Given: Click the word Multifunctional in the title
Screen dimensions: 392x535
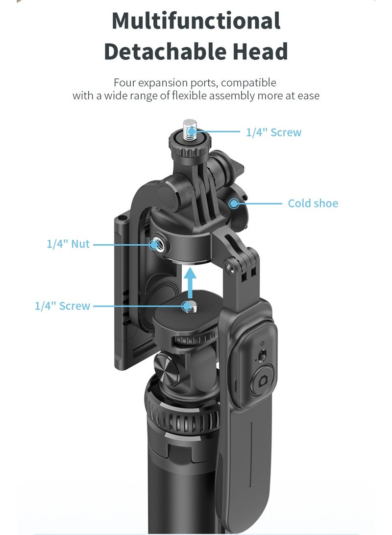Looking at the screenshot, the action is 196,21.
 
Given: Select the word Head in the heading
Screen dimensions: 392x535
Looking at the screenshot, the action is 260,51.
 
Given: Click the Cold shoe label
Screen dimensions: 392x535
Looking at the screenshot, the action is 313,204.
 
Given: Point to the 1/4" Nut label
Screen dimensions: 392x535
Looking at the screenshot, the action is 68,244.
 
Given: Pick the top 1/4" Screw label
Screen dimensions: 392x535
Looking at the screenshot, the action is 274,132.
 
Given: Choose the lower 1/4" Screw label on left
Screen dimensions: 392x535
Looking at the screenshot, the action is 62,306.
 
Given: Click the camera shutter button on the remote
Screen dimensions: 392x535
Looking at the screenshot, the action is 262,381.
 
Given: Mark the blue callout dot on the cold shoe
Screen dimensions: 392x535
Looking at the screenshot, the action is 234,204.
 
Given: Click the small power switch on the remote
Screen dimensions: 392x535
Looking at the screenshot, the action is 262,355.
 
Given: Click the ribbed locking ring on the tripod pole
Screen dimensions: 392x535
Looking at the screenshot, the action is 182,415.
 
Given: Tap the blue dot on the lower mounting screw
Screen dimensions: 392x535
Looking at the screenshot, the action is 187,306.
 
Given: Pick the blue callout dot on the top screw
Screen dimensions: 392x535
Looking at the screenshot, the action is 192,131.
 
